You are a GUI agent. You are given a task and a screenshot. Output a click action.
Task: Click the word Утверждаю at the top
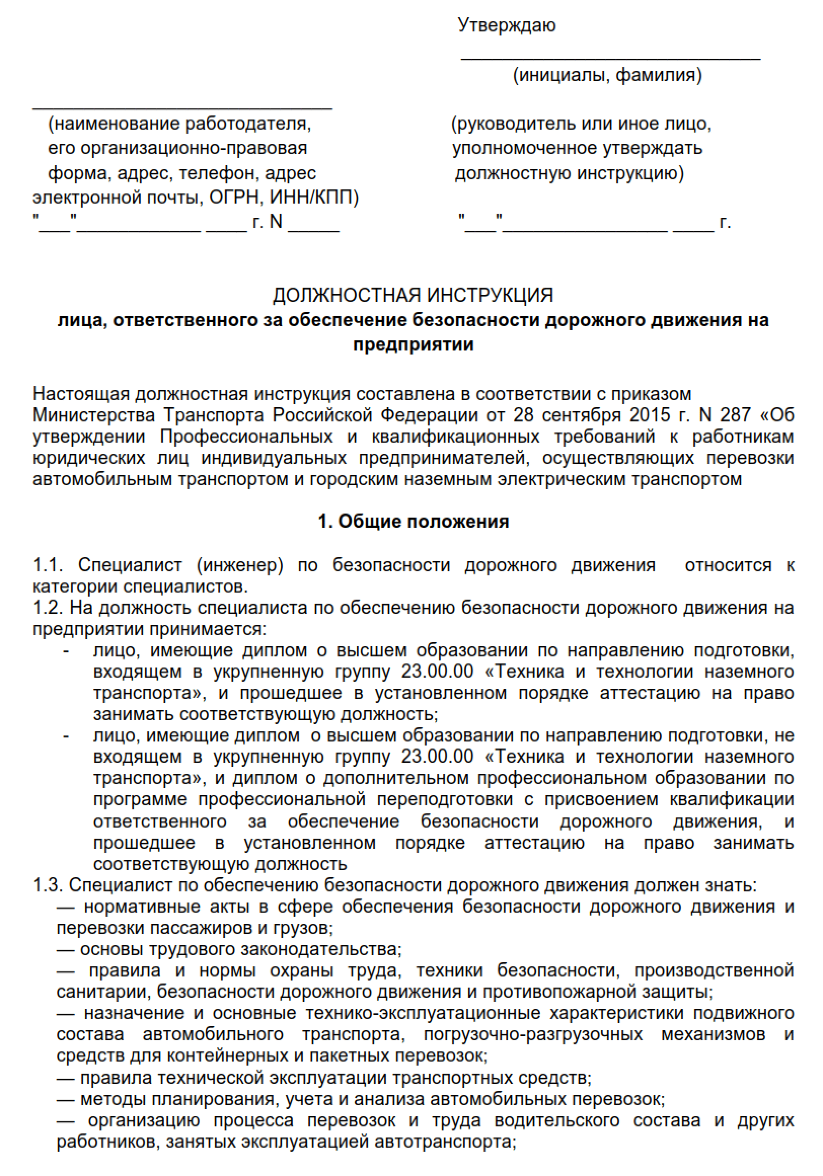(506, 25)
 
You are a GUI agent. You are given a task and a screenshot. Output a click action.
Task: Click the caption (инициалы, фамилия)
(607, 75)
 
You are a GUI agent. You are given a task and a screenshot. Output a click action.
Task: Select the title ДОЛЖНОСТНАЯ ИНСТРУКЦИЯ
(413, 295)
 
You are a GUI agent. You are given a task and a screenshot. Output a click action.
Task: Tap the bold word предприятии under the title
(413, 344)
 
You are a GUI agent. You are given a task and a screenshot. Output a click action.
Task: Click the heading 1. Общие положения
(413, 522)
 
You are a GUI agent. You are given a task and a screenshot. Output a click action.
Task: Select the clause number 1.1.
(48, 565)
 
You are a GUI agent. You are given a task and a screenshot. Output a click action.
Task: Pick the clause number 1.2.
(48, 607)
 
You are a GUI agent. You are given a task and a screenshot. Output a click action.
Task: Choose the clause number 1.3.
(48, 885)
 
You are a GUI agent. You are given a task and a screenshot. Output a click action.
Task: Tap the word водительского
(557, 1120)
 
